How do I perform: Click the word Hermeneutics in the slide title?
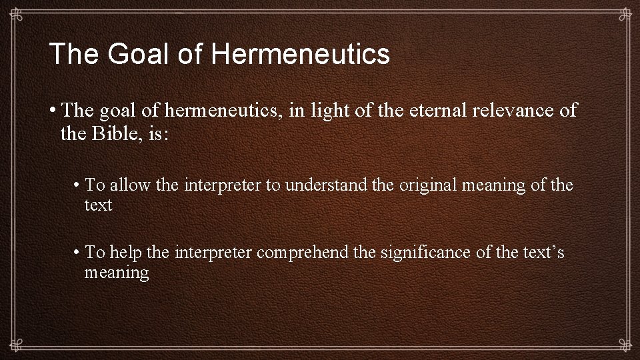301,54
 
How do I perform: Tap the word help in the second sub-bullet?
126,252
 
